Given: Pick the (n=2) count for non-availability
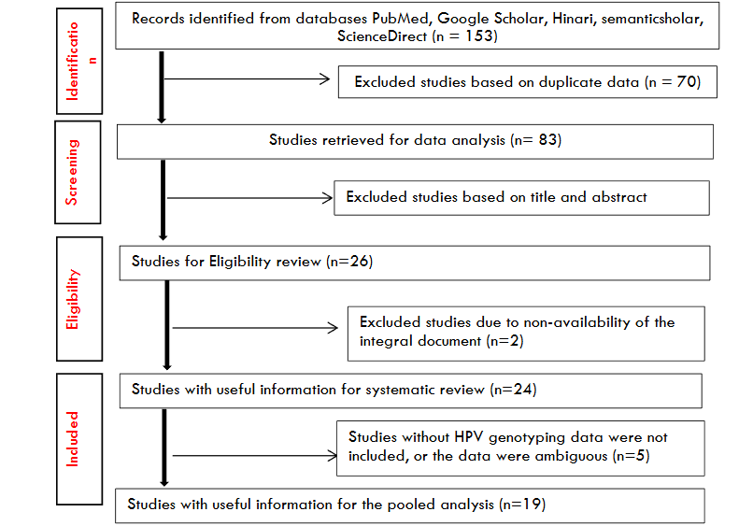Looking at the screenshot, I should (x=505, y=341).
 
